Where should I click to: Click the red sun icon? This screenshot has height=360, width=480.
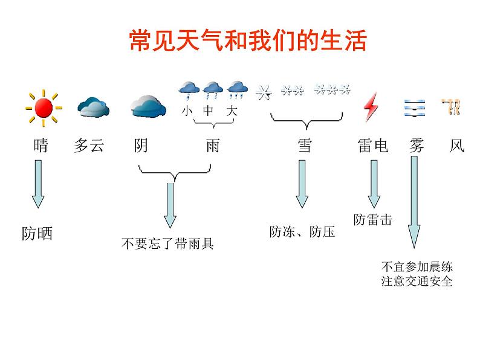pyautogui.click(x=44, y=109)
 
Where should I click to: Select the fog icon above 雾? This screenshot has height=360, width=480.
pyautogui.click(x=414, y=108)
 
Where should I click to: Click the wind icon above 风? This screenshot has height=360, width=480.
pyautogui.click(x=451, y=108)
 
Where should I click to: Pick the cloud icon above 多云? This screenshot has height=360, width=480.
pyautogui.click(x=93, y=108)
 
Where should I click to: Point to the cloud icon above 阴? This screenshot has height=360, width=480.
pyautogui.click(x=148, y=106)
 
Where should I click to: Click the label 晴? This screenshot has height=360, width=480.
pyautogui.click(x=41, y=146)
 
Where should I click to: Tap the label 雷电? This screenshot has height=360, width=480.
pyautogui.click(x=372, y=146)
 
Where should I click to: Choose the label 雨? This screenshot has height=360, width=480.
pyautogui.click(x=212, y=146)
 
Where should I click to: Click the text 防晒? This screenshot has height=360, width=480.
pyautogui.click(x=37, y=234)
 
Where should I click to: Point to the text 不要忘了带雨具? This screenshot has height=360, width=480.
pyautogui.click(x=167, y=244)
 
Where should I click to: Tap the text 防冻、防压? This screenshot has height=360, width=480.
pyautogui.click(x=302, y=232)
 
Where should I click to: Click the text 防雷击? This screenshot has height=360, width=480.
pyautogui.click(x=373, y=220)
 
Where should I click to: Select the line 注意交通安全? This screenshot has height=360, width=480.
pyautogui.click(x=417, y=281)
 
